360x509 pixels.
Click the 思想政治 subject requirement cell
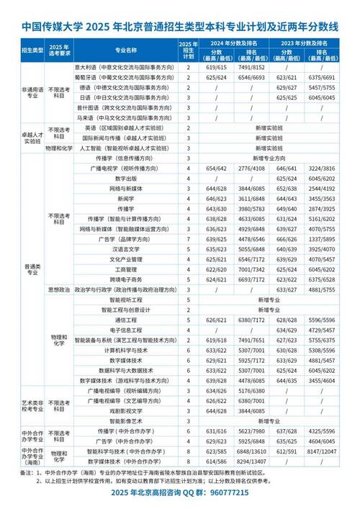pyautogui.click(x=58, y=289)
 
